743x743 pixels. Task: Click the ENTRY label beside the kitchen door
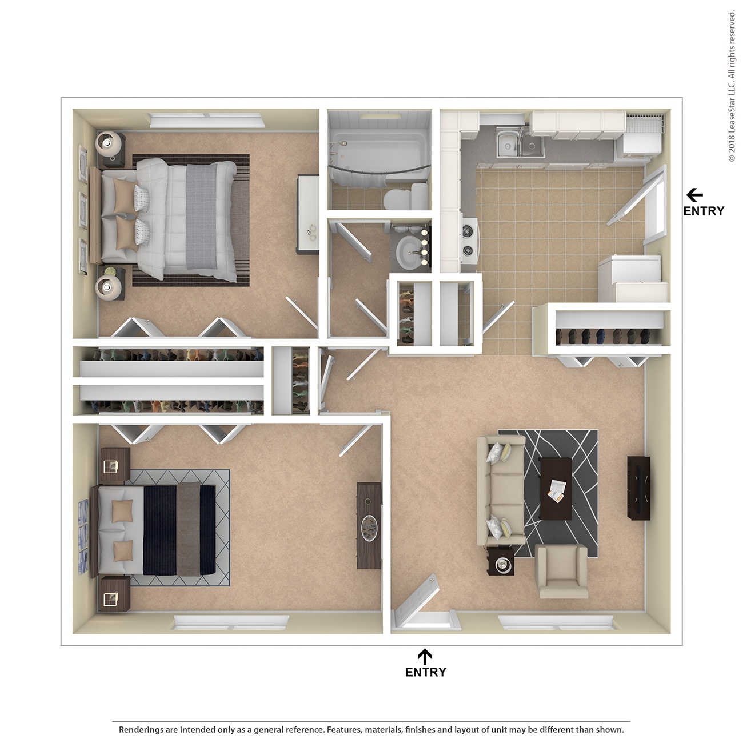click(704, 211)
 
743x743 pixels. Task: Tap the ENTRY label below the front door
click(425, 672)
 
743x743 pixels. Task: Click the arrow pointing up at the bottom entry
click(425, 656)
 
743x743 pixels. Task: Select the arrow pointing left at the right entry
click(694, 195)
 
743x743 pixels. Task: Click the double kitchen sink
click(519, 143)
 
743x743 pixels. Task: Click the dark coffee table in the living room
click(556, 489)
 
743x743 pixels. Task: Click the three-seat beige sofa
click(500, 490)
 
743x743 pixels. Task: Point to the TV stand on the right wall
click(638, 488)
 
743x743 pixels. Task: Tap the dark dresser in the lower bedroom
click(369, 525)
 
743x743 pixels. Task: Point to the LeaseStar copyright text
click(732, 86)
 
